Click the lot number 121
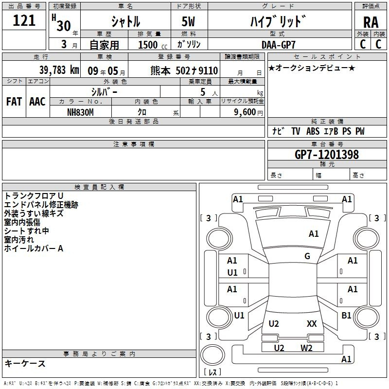24,20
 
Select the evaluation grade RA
371,22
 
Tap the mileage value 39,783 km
59,70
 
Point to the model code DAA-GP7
278,45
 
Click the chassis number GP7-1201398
327,155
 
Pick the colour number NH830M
80,112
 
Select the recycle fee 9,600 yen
248,112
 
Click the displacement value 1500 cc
153,45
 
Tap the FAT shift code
14,102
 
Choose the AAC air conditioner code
37,102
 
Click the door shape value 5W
188,21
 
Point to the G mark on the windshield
307,256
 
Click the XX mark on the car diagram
312,324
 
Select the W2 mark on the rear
306,348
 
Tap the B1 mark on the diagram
346,316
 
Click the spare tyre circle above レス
212,355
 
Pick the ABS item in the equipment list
313,131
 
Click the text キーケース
25,364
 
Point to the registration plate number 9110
209,71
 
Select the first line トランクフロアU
34,196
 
